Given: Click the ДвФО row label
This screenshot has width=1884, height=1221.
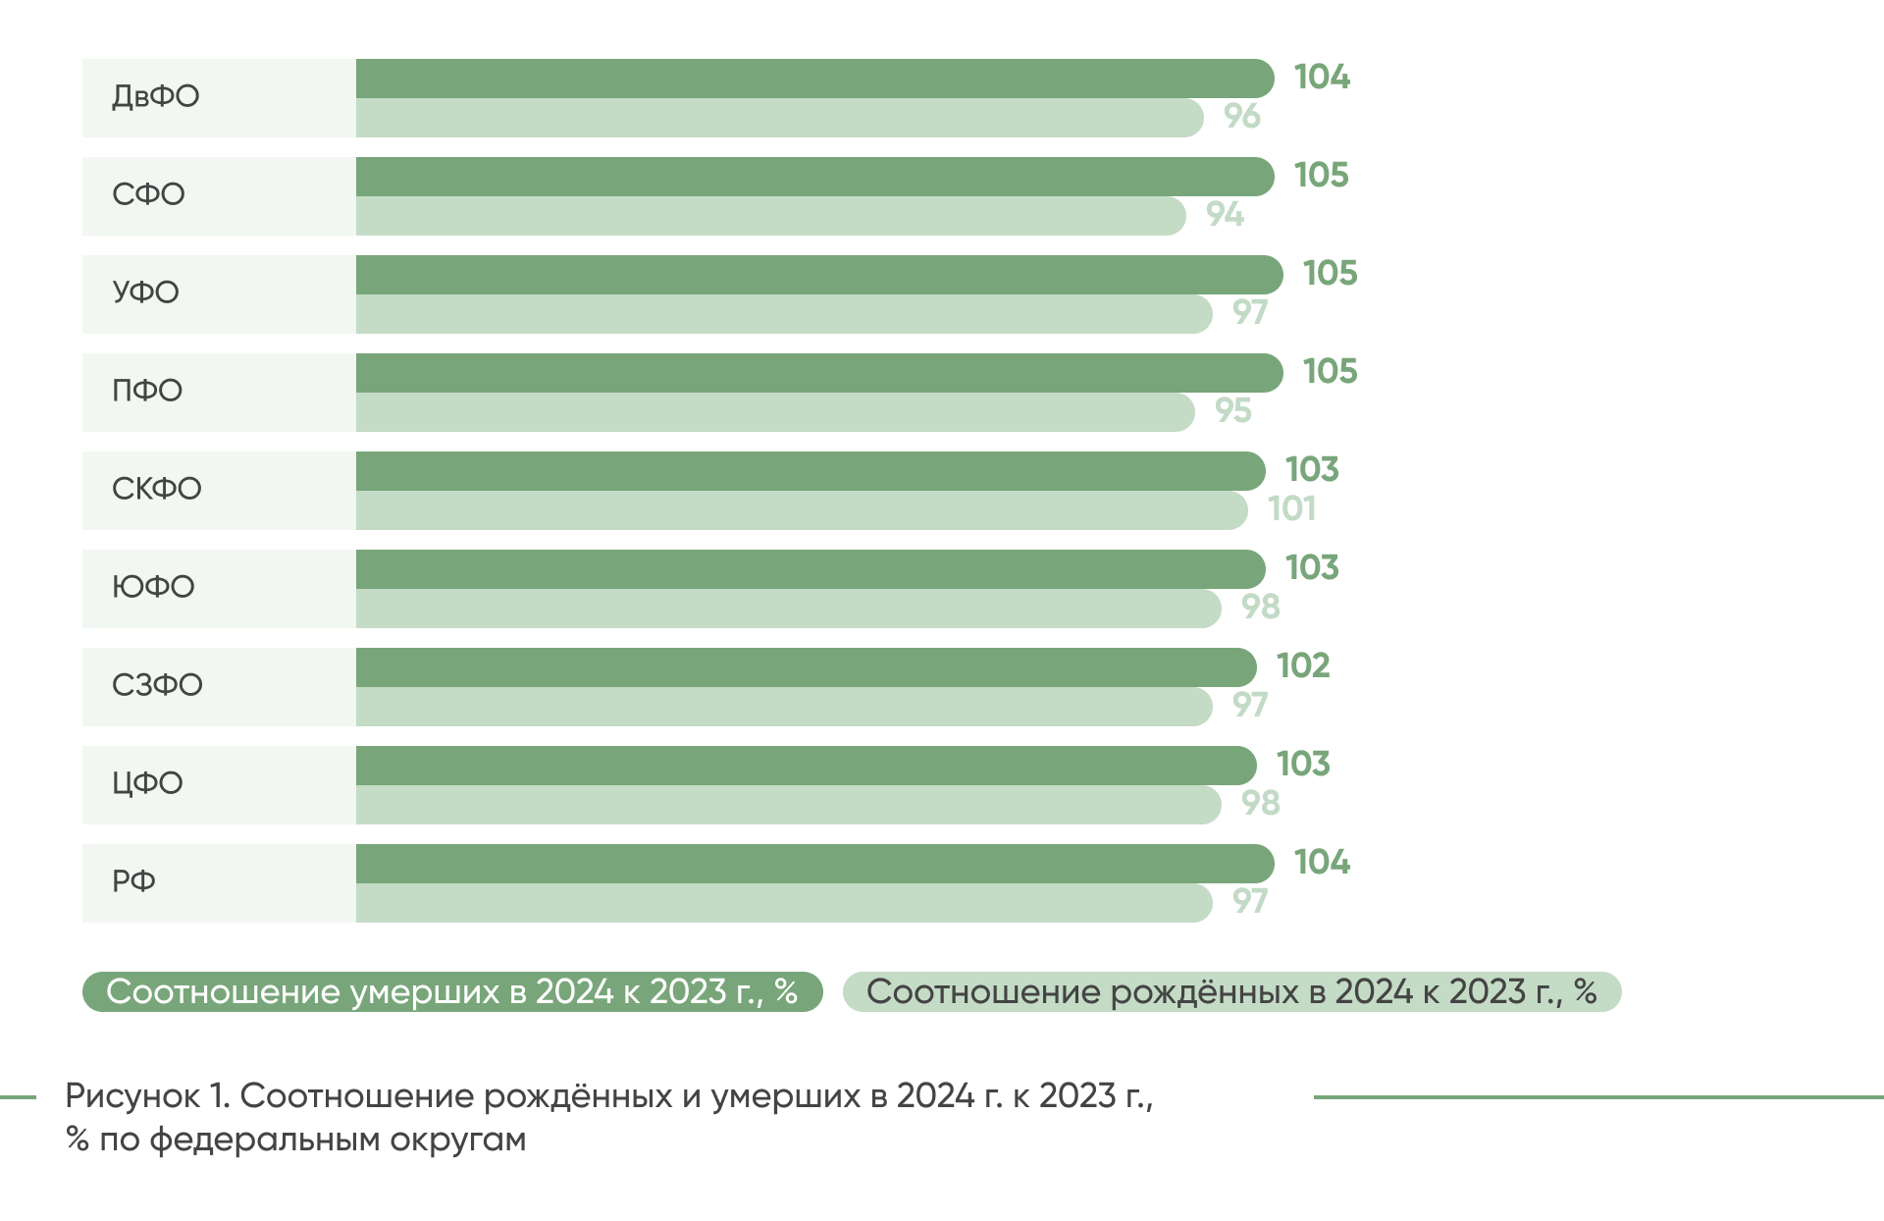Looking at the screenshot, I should coord(155,96).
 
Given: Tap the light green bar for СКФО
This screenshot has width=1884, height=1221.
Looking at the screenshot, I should coord(800,510).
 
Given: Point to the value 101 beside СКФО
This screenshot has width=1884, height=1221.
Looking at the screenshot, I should coord(1291,508).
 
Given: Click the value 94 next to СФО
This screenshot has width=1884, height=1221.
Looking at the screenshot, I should coord(1225,214).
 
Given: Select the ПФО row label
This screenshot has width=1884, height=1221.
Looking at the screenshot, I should coord(147,391).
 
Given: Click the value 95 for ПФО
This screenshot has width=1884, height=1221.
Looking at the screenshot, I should coord(1233,410).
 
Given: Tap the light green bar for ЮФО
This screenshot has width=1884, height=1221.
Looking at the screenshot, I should coord(787,609).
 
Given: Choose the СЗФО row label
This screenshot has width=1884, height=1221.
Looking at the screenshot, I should coord(157,685).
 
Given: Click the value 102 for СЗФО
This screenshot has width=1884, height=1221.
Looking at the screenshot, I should coord(1303,665).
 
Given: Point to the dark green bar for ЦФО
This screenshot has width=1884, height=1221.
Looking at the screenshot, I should coord(805,766).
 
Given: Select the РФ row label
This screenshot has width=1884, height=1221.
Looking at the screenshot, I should coord(133,881).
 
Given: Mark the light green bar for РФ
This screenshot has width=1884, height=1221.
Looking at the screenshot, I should coord(783,903).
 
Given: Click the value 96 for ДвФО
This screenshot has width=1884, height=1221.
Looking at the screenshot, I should coord(1241,116).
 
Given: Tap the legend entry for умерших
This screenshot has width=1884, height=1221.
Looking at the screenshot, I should coord(451,991).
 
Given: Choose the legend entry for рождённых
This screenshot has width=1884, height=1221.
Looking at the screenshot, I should coord(1231,991).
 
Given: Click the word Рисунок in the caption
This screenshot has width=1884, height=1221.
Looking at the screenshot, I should coord(132,1095).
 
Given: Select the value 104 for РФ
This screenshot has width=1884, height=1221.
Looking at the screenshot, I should coord(1322,862).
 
